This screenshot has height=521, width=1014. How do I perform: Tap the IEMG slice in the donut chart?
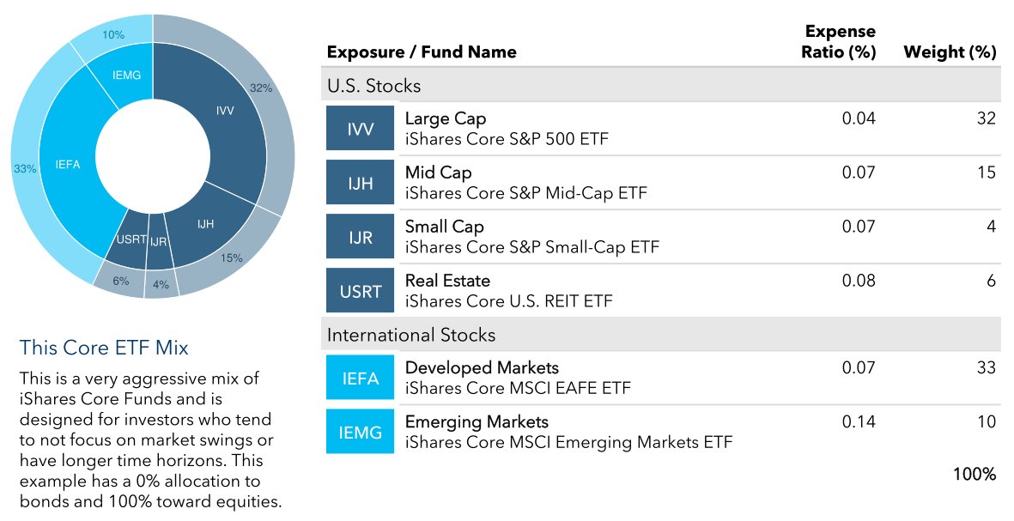tap(126, 76)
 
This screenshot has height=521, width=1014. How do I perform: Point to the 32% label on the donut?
tap(261, 88)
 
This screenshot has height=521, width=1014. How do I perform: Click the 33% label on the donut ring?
tap(25, 169)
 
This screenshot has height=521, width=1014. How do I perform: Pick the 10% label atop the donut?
tap(113, 35)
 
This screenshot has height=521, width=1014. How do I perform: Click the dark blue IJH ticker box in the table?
tap(361, 183)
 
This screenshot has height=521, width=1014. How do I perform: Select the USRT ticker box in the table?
tap(361, 291)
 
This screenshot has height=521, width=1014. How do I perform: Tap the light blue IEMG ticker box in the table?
tap(361, 432)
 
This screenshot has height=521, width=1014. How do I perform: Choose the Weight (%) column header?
tap(950, 51)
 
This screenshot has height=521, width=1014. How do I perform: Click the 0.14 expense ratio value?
tap(859, 421)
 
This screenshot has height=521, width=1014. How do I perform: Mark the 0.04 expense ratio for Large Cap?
tap(859, 118)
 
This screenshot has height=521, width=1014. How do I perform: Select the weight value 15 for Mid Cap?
tap(986, 173)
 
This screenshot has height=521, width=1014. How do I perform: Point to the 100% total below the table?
tap(975, 474)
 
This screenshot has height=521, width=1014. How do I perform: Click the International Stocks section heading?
tap(410, 335)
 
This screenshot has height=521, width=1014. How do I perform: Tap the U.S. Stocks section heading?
tap(373, 86)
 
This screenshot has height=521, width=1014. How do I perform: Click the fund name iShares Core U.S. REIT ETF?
tap(508, 301)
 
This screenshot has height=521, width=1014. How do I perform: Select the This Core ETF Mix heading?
tap(104, 348)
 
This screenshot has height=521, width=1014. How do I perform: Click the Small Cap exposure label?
tap(445, 227)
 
